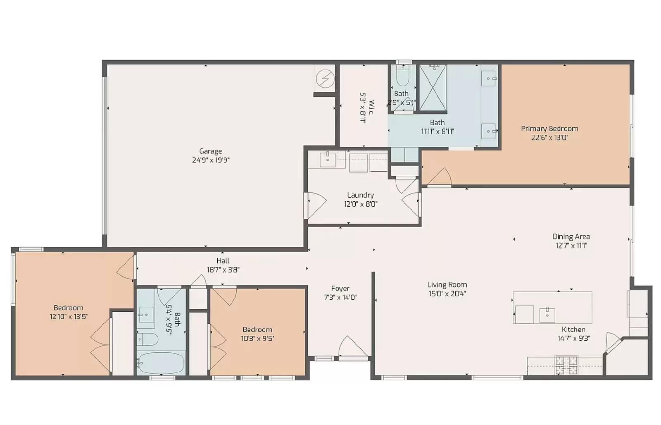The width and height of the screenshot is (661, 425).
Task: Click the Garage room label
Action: [210, 151]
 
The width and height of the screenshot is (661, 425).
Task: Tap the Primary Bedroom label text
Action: [549, 129]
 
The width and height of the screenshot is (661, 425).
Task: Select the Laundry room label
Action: [360, 195]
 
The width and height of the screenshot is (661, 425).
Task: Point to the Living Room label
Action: [447, 285]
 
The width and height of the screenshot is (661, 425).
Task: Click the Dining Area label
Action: [571, 236]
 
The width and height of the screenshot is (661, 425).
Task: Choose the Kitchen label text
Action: [573, 329]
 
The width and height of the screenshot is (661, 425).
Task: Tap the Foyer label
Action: [340, 289]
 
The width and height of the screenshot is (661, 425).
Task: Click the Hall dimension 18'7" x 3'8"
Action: [223, 270]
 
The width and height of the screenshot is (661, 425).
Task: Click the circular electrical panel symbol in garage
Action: [325, 79]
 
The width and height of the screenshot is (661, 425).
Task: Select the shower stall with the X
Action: [433, 88]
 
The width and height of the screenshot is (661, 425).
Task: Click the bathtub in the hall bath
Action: [161, 363]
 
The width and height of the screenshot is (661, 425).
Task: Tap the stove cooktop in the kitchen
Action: [566, 365]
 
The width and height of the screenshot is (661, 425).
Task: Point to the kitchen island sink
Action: [547, 315]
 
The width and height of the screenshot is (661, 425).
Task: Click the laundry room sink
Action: [328, 160]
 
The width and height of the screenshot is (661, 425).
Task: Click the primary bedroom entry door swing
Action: [440, 176]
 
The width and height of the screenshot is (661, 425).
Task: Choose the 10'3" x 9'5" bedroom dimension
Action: [258, 339]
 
